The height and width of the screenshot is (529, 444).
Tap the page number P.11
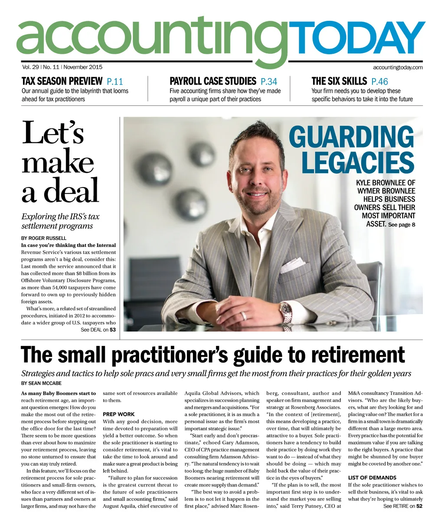click(x=115, y=81)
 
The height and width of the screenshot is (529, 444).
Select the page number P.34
click(x=269, y=81)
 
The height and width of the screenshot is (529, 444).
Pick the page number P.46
click(x=380, y=81)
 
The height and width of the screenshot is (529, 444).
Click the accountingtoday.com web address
click(x=398, y=67)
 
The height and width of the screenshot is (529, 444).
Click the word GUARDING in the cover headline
click(x=351, y=137)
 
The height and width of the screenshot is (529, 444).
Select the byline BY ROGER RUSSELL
click(x=43, y=238)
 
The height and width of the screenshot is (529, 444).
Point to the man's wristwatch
click(x=286, y=309)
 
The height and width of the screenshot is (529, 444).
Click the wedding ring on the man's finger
click(x=244, y=315)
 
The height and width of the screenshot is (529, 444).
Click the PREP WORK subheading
click(x=119, y=414)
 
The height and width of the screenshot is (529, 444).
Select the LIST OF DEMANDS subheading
click(x=372, y=477)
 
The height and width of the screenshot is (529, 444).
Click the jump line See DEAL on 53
click(x=98, y=330)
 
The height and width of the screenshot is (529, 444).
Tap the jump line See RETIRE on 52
click(x=403, y=506)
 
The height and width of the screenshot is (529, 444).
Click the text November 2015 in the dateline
click(x=83, y=67)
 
